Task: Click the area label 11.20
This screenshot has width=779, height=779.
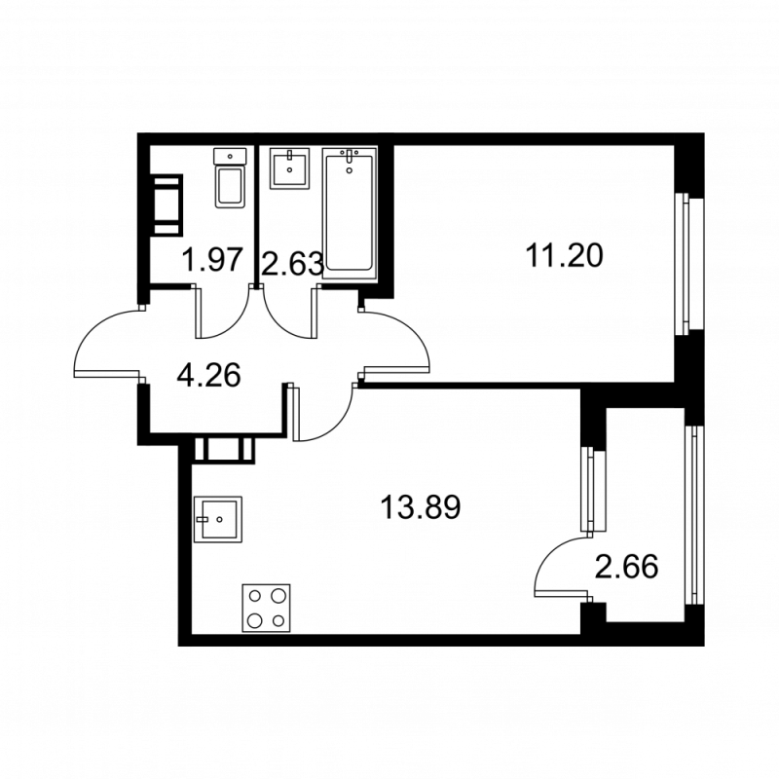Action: [x=564, y=255]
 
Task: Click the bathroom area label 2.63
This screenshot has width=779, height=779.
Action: [x=292, y=263]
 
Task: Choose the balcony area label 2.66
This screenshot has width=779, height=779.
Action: [x=626, y=565]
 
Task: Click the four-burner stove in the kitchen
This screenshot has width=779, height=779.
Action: [x=266, y=607]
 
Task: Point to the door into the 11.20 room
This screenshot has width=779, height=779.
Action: [x=399, y=341]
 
